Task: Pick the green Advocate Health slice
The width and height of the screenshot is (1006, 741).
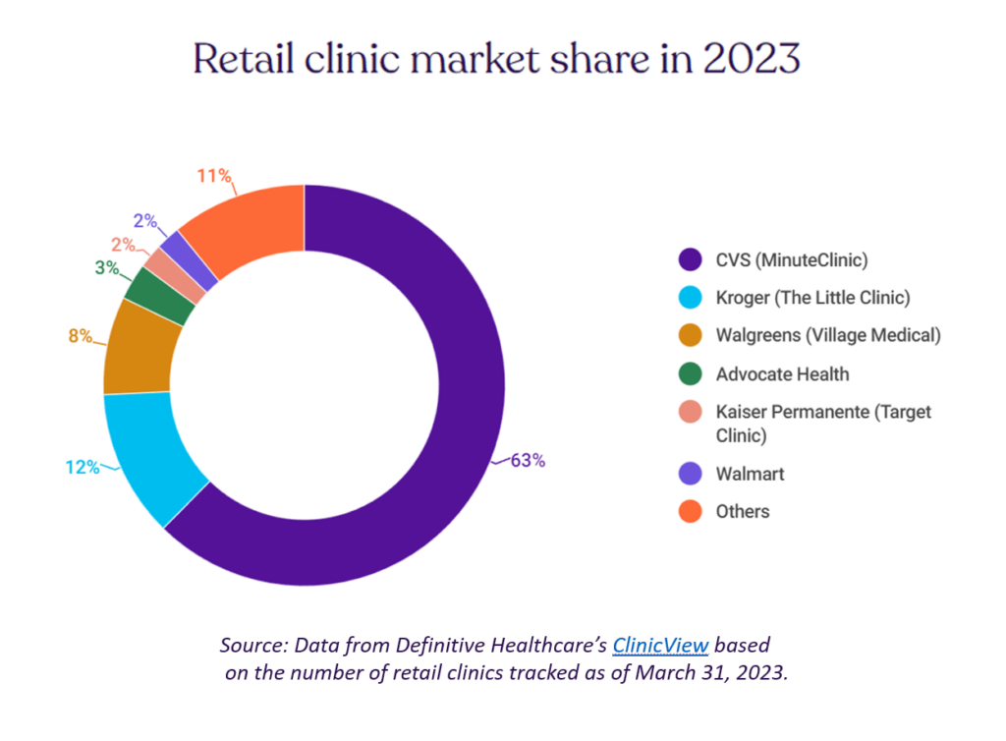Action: click(x=159, y=294)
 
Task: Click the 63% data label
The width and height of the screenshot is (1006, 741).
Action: click(x=527, y=460)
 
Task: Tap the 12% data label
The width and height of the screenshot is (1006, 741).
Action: click(x=83, y=468)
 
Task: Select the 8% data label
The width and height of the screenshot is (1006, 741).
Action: click(x=81, y=336)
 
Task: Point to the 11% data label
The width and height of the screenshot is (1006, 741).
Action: click(x=213, y=177)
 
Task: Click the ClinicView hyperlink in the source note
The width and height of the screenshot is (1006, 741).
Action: click(x=660, y=646)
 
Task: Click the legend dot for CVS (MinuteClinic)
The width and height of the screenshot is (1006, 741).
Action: click(x=691, y=259)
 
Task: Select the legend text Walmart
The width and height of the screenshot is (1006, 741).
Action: click(x=751, y=474)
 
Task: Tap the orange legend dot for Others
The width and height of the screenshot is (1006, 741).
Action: click(x=691, y=511)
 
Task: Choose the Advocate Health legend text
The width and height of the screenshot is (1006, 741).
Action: click(x=782, y=373)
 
